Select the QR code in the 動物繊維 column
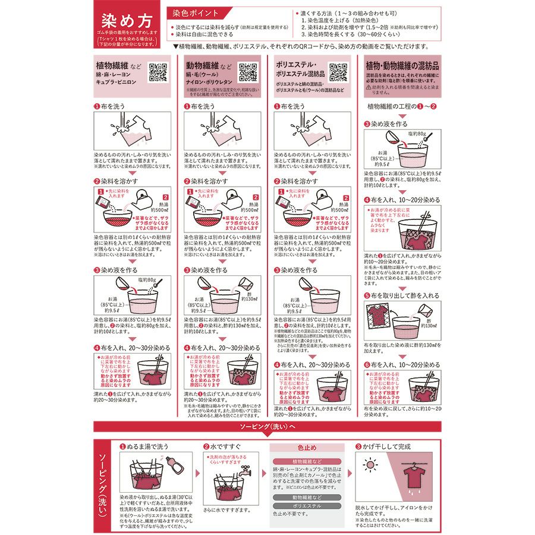coord(248,71)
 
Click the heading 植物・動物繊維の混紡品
coord(402,65)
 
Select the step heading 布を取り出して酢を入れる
coord(404,295)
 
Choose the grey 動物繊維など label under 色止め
coord(306,497)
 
